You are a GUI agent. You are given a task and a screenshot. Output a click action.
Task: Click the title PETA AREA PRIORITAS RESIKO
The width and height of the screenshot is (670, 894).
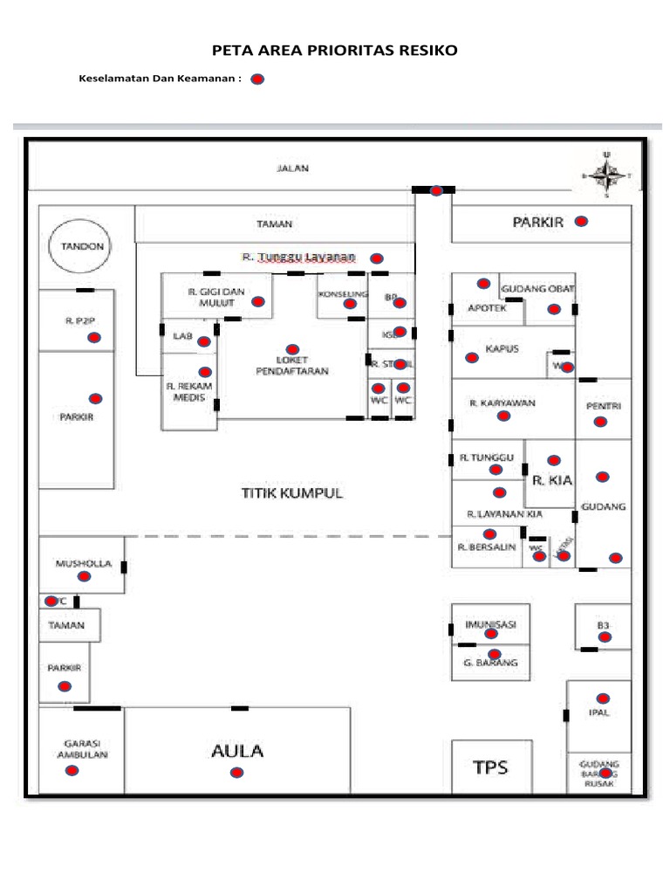335,51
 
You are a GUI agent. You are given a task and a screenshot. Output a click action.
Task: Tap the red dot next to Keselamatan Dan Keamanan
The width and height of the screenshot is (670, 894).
257,79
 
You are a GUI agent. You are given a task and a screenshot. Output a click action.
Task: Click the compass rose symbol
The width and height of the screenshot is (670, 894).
606,175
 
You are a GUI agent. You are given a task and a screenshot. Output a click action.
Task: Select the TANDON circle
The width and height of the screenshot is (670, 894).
81,246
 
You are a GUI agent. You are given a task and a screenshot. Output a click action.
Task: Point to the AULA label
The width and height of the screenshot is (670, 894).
236,750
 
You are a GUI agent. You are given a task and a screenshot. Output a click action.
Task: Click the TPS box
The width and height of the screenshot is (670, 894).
489,767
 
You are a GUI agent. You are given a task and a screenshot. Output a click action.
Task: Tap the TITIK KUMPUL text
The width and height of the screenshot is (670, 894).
292,493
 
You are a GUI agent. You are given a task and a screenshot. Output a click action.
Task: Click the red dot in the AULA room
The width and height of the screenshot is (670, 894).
236,773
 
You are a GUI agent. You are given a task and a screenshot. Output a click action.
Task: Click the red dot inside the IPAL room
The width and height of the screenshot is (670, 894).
601,698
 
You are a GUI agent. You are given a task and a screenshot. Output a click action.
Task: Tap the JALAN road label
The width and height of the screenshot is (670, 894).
293,168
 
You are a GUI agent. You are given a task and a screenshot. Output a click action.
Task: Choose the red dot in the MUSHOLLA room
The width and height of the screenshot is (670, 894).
84,577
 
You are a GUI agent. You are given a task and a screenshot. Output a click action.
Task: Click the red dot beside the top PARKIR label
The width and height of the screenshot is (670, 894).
582,222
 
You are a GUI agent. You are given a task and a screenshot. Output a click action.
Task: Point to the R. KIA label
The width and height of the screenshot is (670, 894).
550,479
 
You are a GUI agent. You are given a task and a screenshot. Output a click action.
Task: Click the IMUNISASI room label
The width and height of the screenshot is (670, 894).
492,625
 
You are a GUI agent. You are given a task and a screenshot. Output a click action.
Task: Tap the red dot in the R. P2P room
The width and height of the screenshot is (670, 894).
93,337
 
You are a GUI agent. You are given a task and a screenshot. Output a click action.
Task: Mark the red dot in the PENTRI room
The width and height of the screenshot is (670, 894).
600,422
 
